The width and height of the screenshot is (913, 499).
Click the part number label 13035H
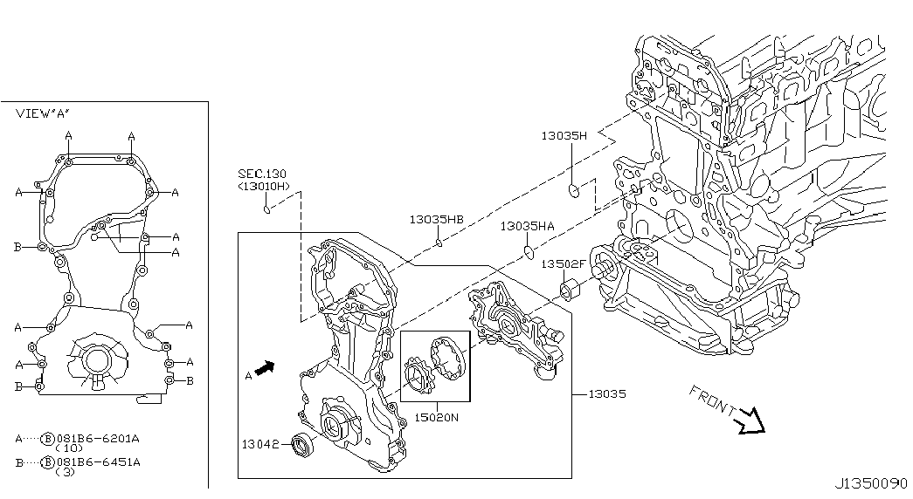(x=564, y=136)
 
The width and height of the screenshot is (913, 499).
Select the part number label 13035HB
(x=436, y=219)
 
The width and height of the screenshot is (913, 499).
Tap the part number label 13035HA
(x=527, y=226)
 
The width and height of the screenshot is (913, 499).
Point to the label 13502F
(x=563, y=264)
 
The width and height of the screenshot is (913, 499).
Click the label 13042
(x=260, y=445)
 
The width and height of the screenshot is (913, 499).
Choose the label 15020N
(x=437, y=418)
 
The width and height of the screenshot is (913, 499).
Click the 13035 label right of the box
(x=606, y=393)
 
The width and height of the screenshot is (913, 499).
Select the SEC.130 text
(x=262, y=174)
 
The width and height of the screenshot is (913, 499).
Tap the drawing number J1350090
(x=872, y=484)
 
